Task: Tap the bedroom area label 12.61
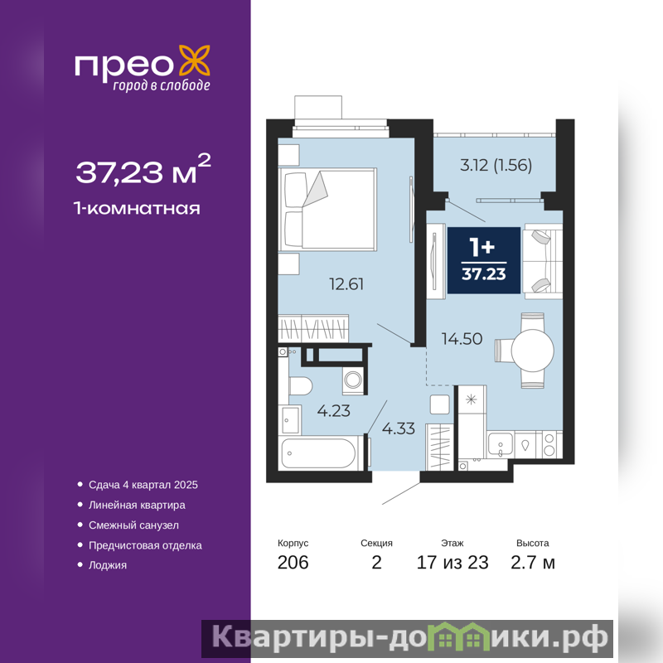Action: [346, 284]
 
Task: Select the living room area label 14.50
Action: [462, 339]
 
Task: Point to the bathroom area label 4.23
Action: [334, 411]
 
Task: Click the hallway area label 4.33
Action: [399, 428]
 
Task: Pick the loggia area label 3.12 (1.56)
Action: [496, 165]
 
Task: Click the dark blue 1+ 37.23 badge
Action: [484, 260]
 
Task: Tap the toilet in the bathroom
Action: [300, 385]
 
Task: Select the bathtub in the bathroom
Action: [318, 453]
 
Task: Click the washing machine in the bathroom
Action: [353, 380]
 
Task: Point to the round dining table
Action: [532, 350]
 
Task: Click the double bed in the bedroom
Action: [327, 209]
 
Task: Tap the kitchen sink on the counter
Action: [501, 444]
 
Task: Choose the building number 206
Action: [293, 563]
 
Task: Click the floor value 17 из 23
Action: [452, 563]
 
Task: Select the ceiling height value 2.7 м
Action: [533, 563]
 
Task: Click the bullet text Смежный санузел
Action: [133, 525]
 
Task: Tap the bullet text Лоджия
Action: [108, 565]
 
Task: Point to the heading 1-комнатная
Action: [137, 208]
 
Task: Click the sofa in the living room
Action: [543, 261]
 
